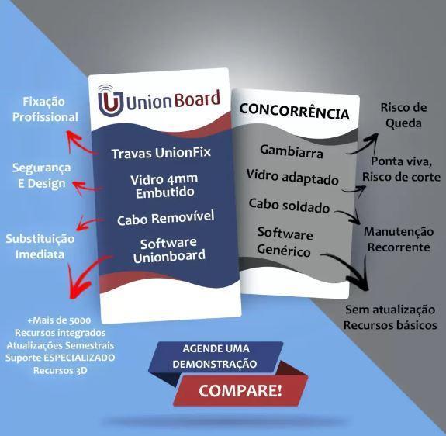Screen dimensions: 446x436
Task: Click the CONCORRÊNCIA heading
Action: tap(294, 111)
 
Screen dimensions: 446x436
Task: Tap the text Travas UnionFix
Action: tap(161, 153)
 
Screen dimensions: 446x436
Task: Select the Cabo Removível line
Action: tap(165, 218)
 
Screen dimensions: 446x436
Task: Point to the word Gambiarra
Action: tap(292, 151)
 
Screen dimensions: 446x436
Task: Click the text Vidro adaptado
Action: tap(292, 177)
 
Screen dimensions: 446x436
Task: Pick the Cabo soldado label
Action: tap(289, 206)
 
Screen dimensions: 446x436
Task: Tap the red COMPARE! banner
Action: tap(240, 390)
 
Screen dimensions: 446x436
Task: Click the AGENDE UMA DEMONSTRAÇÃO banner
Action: tap(216, 357)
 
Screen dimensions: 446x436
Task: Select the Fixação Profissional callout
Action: tap(45, 109)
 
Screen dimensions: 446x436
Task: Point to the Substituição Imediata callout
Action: tap(40, 247)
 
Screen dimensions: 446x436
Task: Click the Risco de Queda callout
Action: tap(403, 116)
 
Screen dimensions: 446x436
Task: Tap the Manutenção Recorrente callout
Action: tap(399, 239)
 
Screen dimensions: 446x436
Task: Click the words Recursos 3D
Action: tap(60, 370)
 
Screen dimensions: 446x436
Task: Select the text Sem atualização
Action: tap(390, 310)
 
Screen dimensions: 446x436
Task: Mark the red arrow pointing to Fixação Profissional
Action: tap(80, 144)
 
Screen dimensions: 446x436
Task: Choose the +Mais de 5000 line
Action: tap(59, 320)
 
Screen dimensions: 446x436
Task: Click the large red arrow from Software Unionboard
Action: tap(82, 276)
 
